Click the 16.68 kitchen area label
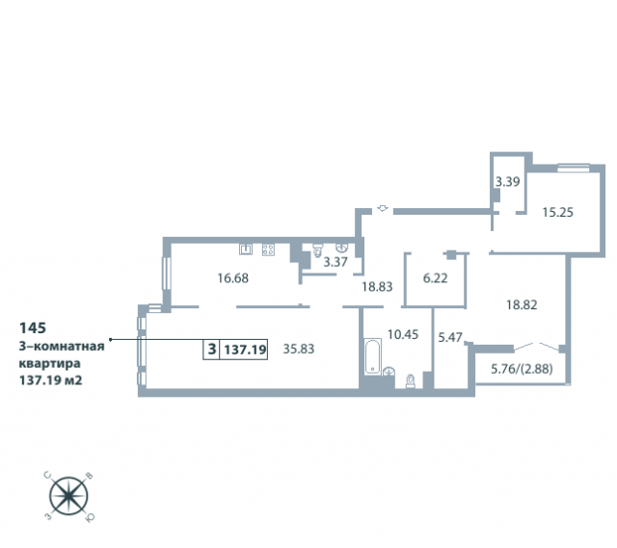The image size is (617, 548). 233,278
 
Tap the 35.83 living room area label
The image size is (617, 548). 299,349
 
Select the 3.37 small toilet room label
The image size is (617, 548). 335,262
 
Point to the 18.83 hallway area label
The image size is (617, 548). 377,287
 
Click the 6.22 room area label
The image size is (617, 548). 435,278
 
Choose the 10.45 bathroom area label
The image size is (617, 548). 403,334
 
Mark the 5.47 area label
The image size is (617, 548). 450,337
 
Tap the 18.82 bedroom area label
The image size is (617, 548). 522,304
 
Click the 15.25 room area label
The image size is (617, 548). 557,212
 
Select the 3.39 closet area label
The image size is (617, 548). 507,182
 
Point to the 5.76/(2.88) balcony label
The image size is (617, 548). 522,369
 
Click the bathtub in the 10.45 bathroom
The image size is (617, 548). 372,356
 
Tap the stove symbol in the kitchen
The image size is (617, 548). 268,249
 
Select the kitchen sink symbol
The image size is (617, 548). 246,249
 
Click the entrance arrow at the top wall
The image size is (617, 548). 383,208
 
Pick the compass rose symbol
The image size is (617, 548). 68,497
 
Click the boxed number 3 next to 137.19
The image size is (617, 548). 212,349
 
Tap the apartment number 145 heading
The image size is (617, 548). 33,327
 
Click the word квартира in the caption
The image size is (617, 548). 49,364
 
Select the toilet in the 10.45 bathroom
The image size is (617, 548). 411,381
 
